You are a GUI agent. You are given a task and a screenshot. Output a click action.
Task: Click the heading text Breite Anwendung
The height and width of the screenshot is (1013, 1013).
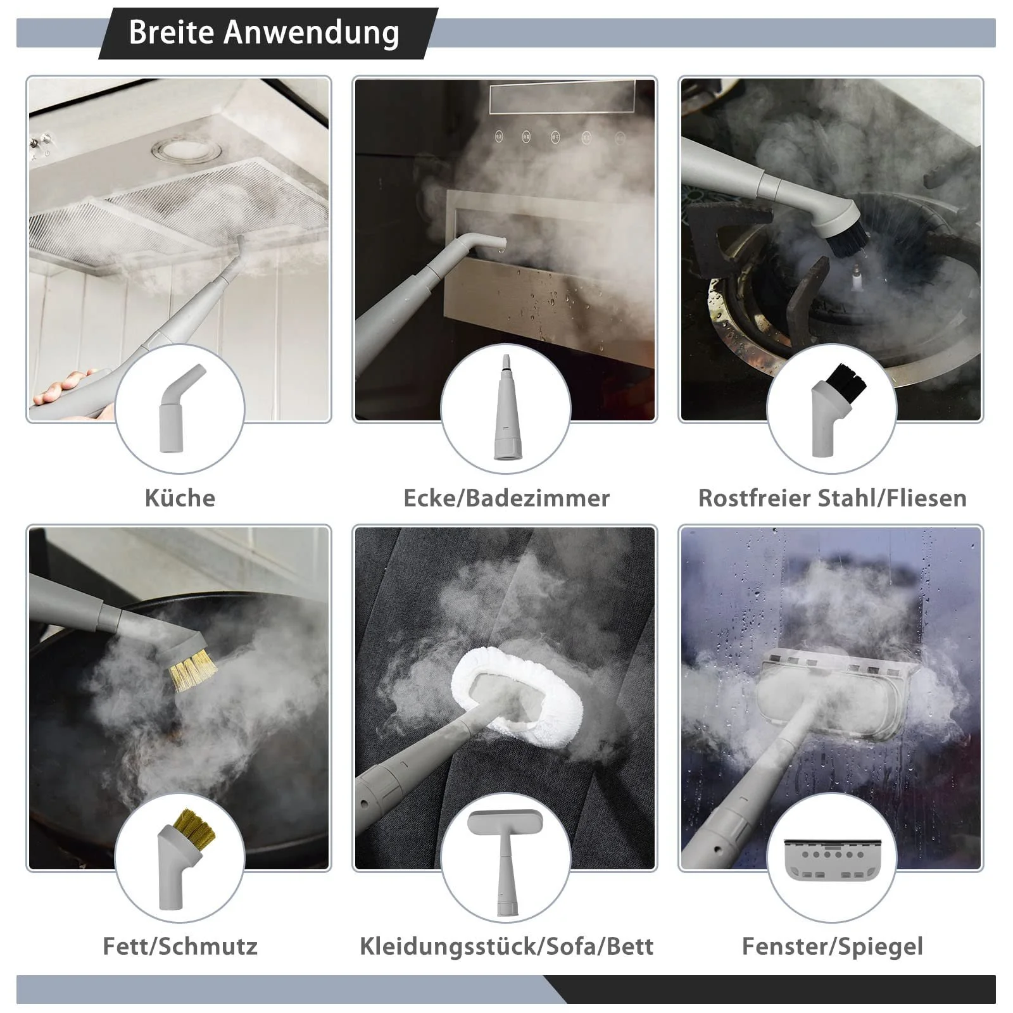click(x=264, y=33)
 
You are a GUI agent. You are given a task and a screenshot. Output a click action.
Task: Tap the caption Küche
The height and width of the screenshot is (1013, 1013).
click(x=180, y=498)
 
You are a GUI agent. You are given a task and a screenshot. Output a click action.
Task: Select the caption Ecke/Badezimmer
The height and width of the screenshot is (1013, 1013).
click(x=507, y=498)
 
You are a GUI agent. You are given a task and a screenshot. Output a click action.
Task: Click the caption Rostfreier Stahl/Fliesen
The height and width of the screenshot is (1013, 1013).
click(x=833, y=498)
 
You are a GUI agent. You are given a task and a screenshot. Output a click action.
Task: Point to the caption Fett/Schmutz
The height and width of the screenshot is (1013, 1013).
click(x=180, y=947)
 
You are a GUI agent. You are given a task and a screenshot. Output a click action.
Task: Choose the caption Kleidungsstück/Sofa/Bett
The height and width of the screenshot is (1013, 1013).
click(x=507, y=947)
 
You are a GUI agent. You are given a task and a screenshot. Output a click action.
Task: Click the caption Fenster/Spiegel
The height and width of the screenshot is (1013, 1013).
click(x=833, y=947)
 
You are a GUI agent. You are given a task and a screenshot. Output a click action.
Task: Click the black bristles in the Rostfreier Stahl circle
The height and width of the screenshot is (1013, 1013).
click(x=846, y=378)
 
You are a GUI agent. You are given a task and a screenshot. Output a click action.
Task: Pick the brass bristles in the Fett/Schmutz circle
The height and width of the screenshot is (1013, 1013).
click(x=195, y=826)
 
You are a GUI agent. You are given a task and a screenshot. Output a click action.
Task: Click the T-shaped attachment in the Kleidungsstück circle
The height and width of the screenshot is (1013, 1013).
click(x=505, y=861)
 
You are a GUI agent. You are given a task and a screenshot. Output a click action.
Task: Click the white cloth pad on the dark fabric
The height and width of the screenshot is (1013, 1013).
click(x=516, y=691)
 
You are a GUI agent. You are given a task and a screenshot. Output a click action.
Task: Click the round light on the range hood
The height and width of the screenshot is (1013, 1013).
click(x=187, y=151)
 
